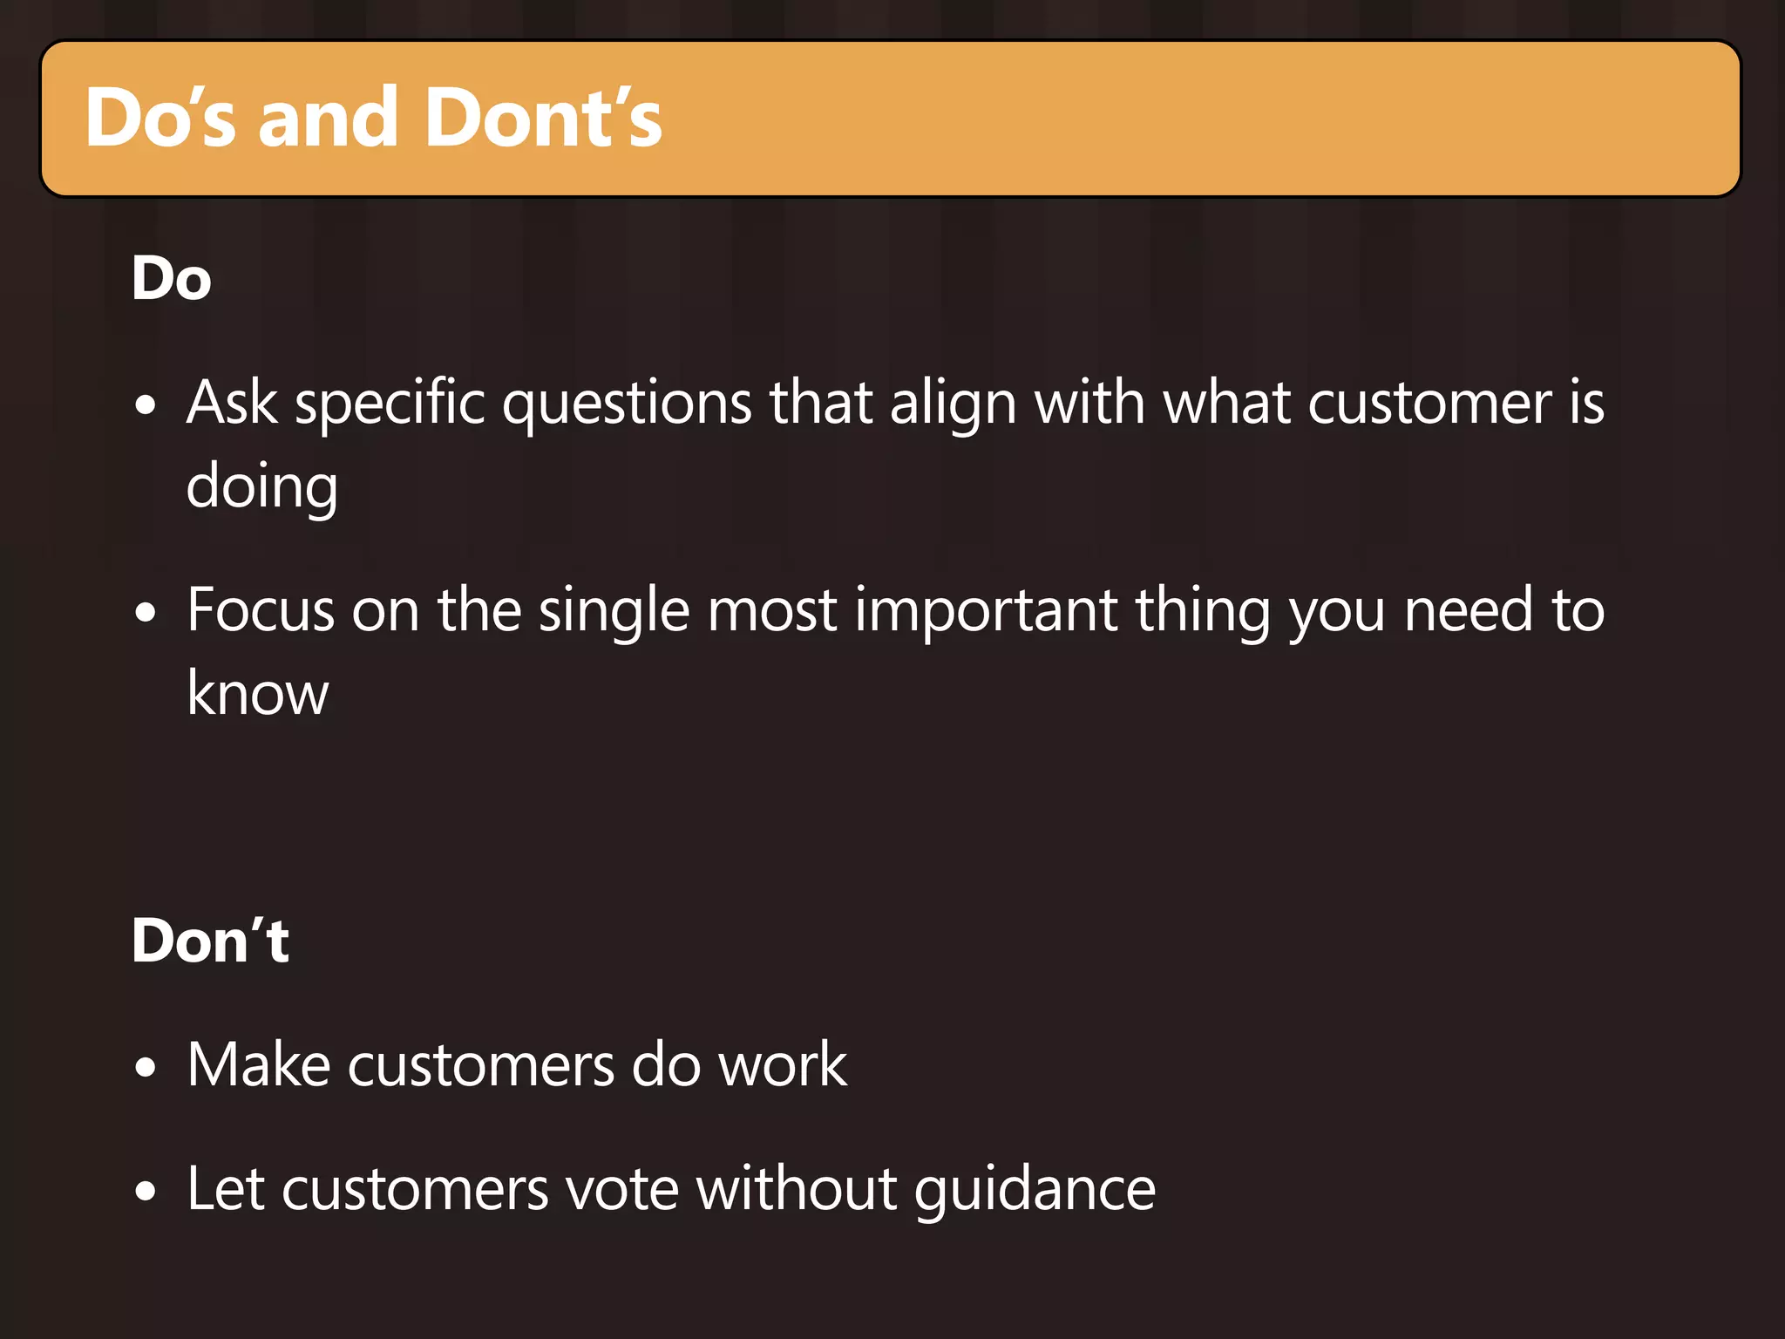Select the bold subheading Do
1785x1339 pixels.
pyautogui.click(x=172, y=279)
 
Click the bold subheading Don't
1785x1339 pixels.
pyautogui.click(x=210, y=941)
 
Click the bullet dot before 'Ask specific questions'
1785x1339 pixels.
pyautogui.click(x=146, y=405)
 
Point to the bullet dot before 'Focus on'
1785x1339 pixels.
pyautogui.click(x=146, y=612)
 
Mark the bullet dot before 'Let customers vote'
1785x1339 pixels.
pyautogui.click(x=146, y=1191)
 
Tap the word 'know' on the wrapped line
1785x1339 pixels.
pyautogui.click(x=258, y=694)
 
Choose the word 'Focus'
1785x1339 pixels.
pyautogui.click(x=261, y=610)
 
